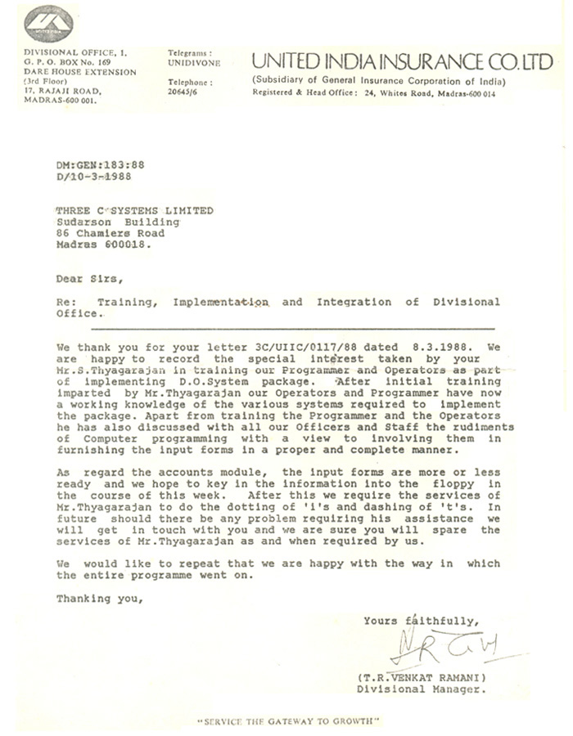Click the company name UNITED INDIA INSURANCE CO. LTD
[403, 61]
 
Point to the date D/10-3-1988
[93, 176]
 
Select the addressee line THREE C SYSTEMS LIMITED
[134, 210]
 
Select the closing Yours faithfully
[422, 620]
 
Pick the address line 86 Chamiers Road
[111, 233]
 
